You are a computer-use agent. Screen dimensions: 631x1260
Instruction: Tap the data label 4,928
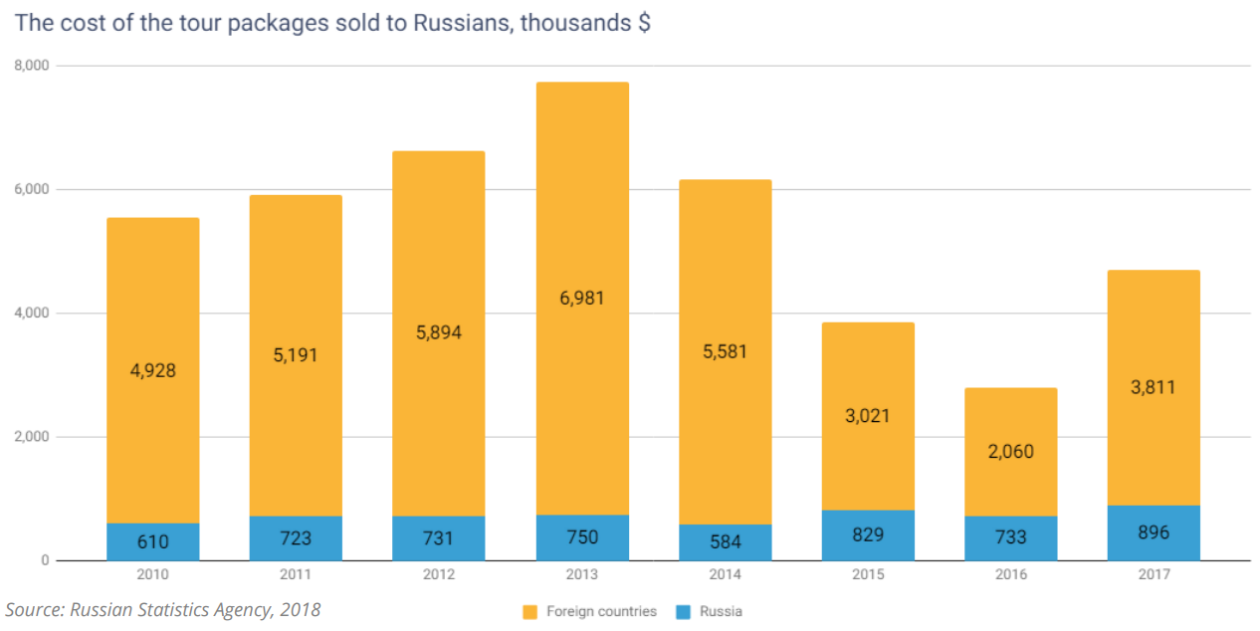pos(152,370)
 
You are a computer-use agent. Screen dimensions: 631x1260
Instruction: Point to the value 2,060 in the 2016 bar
pos(1010,451)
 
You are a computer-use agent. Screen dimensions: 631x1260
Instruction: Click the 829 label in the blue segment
pos(868,535)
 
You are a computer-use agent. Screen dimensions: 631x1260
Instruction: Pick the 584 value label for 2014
pos(725,541)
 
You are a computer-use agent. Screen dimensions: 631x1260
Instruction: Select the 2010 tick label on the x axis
pos(152,575)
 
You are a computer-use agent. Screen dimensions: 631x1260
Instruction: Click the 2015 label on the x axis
pos(868,575)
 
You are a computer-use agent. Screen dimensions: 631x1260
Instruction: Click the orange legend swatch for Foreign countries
pos(529,611)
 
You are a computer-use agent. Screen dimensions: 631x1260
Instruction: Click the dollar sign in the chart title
pos(644,23)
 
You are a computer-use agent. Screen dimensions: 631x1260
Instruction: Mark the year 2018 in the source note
pos(302,609)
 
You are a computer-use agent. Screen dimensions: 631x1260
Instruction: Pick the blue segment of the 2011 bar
pos(296,538)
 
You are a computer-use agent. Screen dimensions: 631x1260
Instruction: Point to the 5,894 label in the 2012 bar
pos(439,332)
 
